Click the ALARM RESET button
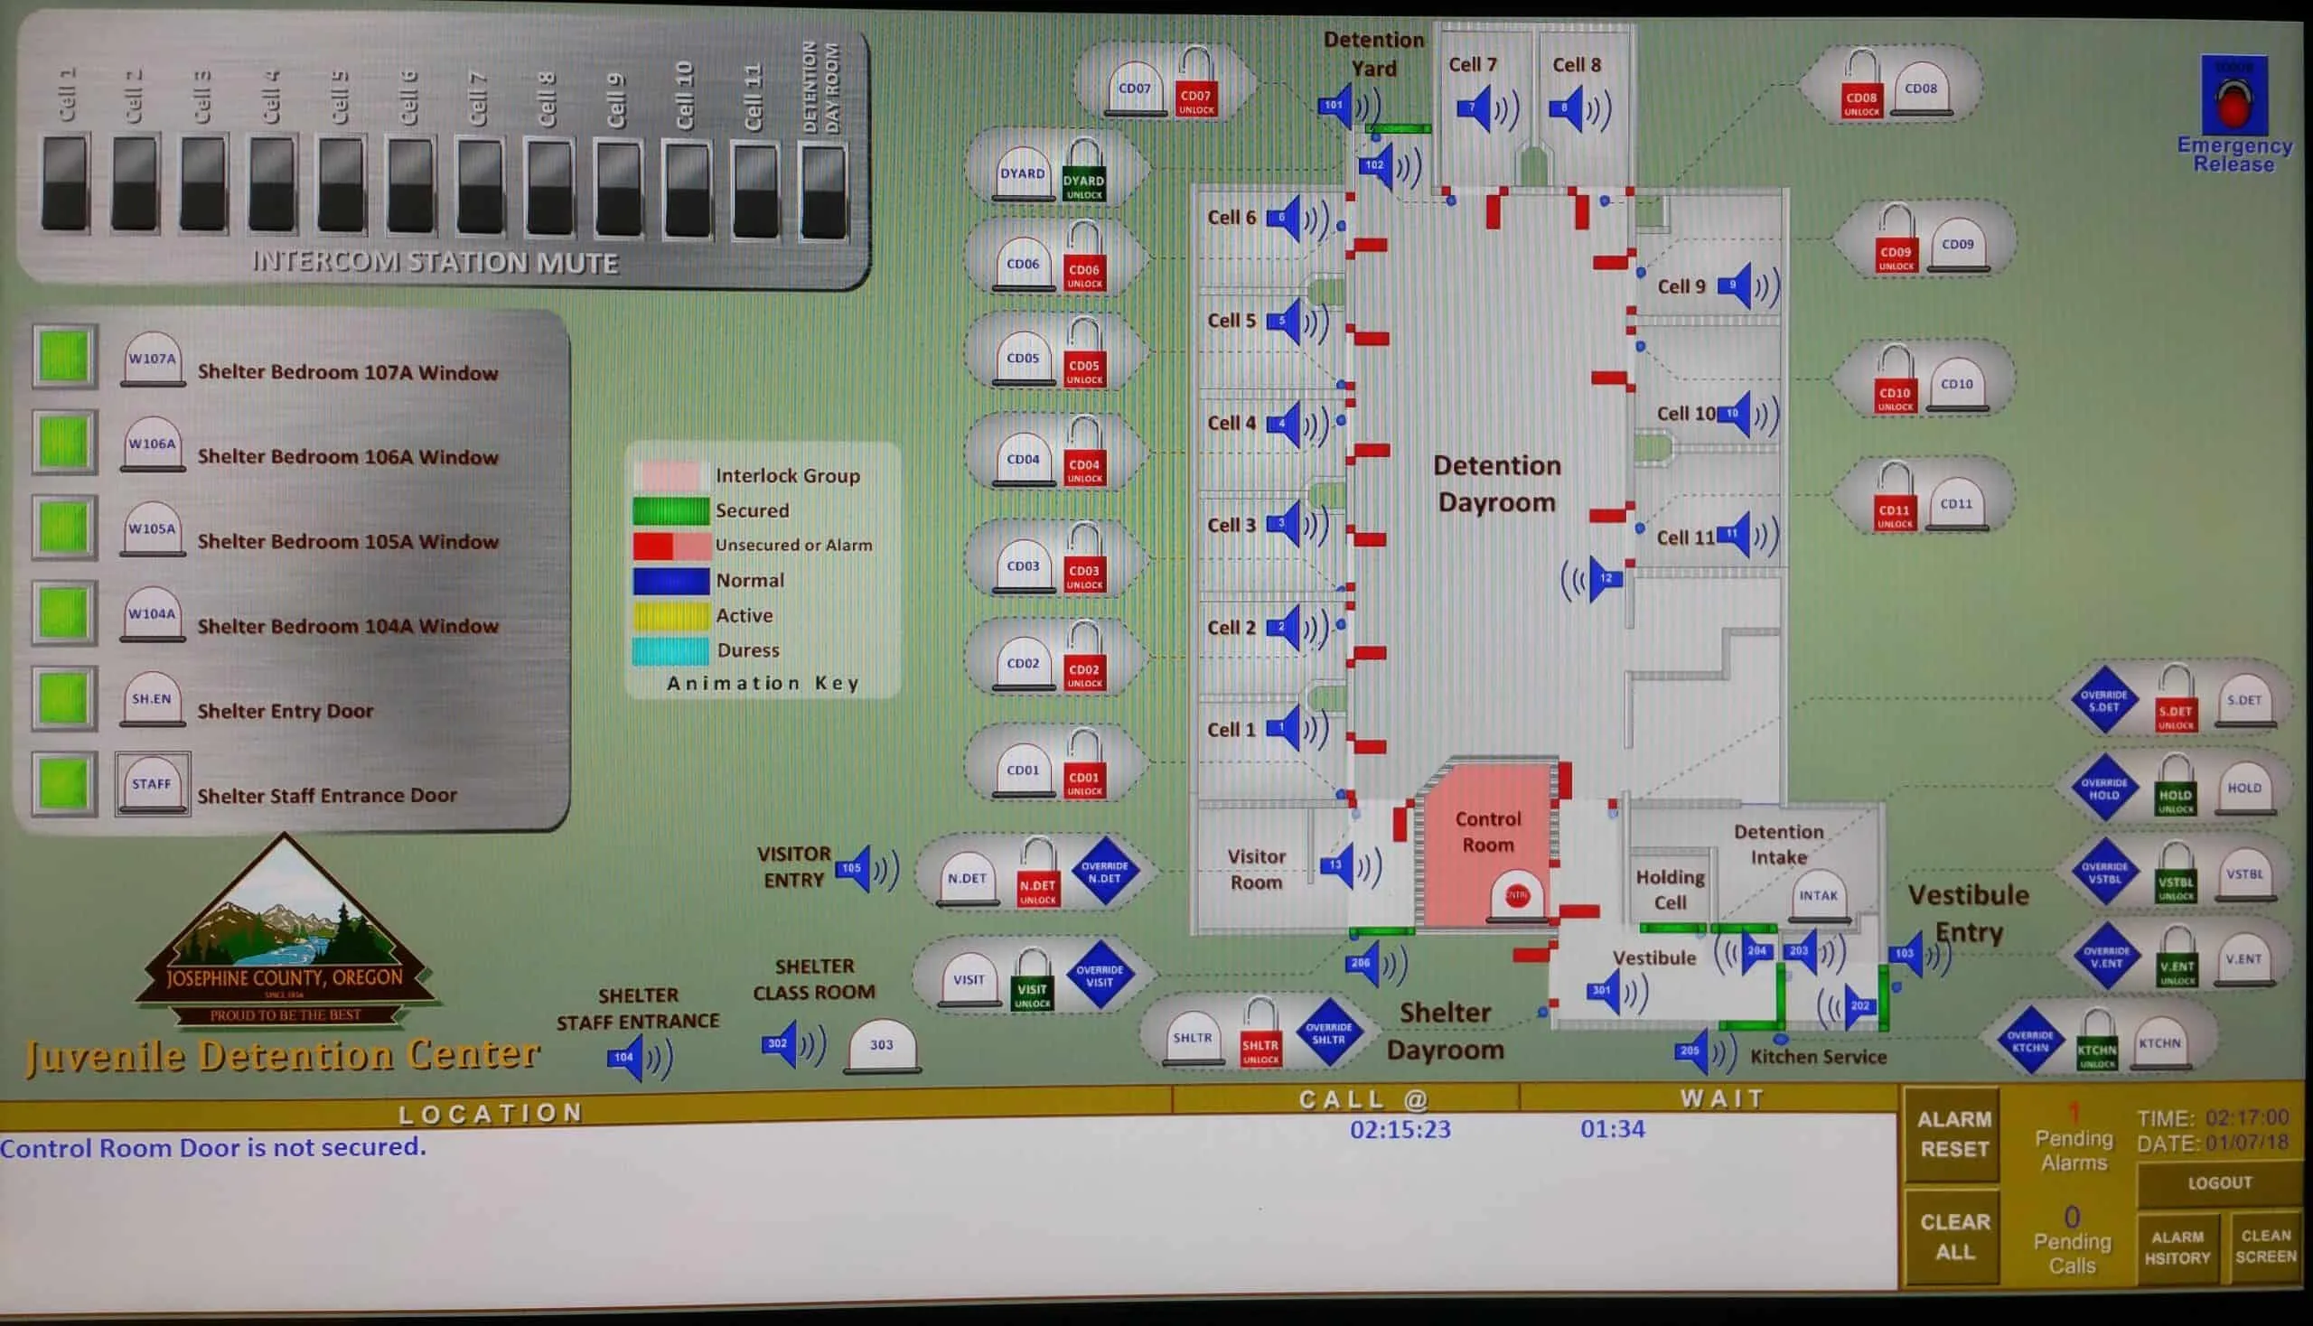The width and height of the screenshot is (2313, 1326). (1953, 1134)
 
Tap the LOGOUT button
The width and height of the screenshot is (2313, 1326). (2218, 1183)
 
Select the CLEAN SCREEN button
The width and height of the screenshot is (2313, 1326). (2265, 1246)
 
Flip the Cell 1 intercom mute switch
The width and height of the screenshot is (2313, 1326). (66, 182)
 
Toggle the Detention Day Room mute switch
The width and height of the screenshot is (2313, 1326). (823, 191)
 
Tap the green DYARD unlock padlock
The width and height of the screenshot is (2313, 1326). (1083, 173)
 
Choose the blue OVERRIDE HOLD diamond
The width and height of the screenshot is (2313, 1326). (2103, 789)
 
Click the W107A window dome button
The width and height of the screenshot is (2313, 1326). (152, 360)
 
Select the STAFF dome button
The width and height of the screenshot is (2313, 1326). (151, 785)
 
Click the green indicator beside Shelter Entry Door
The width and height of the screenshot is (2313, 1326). (64, 699)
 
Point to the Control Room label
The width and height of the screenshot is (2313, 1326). (1488, 832)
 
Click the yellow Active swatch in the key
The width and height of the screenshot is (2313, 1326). (670, 616)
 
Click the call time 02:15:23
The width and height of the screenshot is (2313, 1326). (1400, 1130)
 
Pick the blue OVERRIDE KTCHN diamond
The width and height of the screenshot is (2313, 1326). (2029, 1041)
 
